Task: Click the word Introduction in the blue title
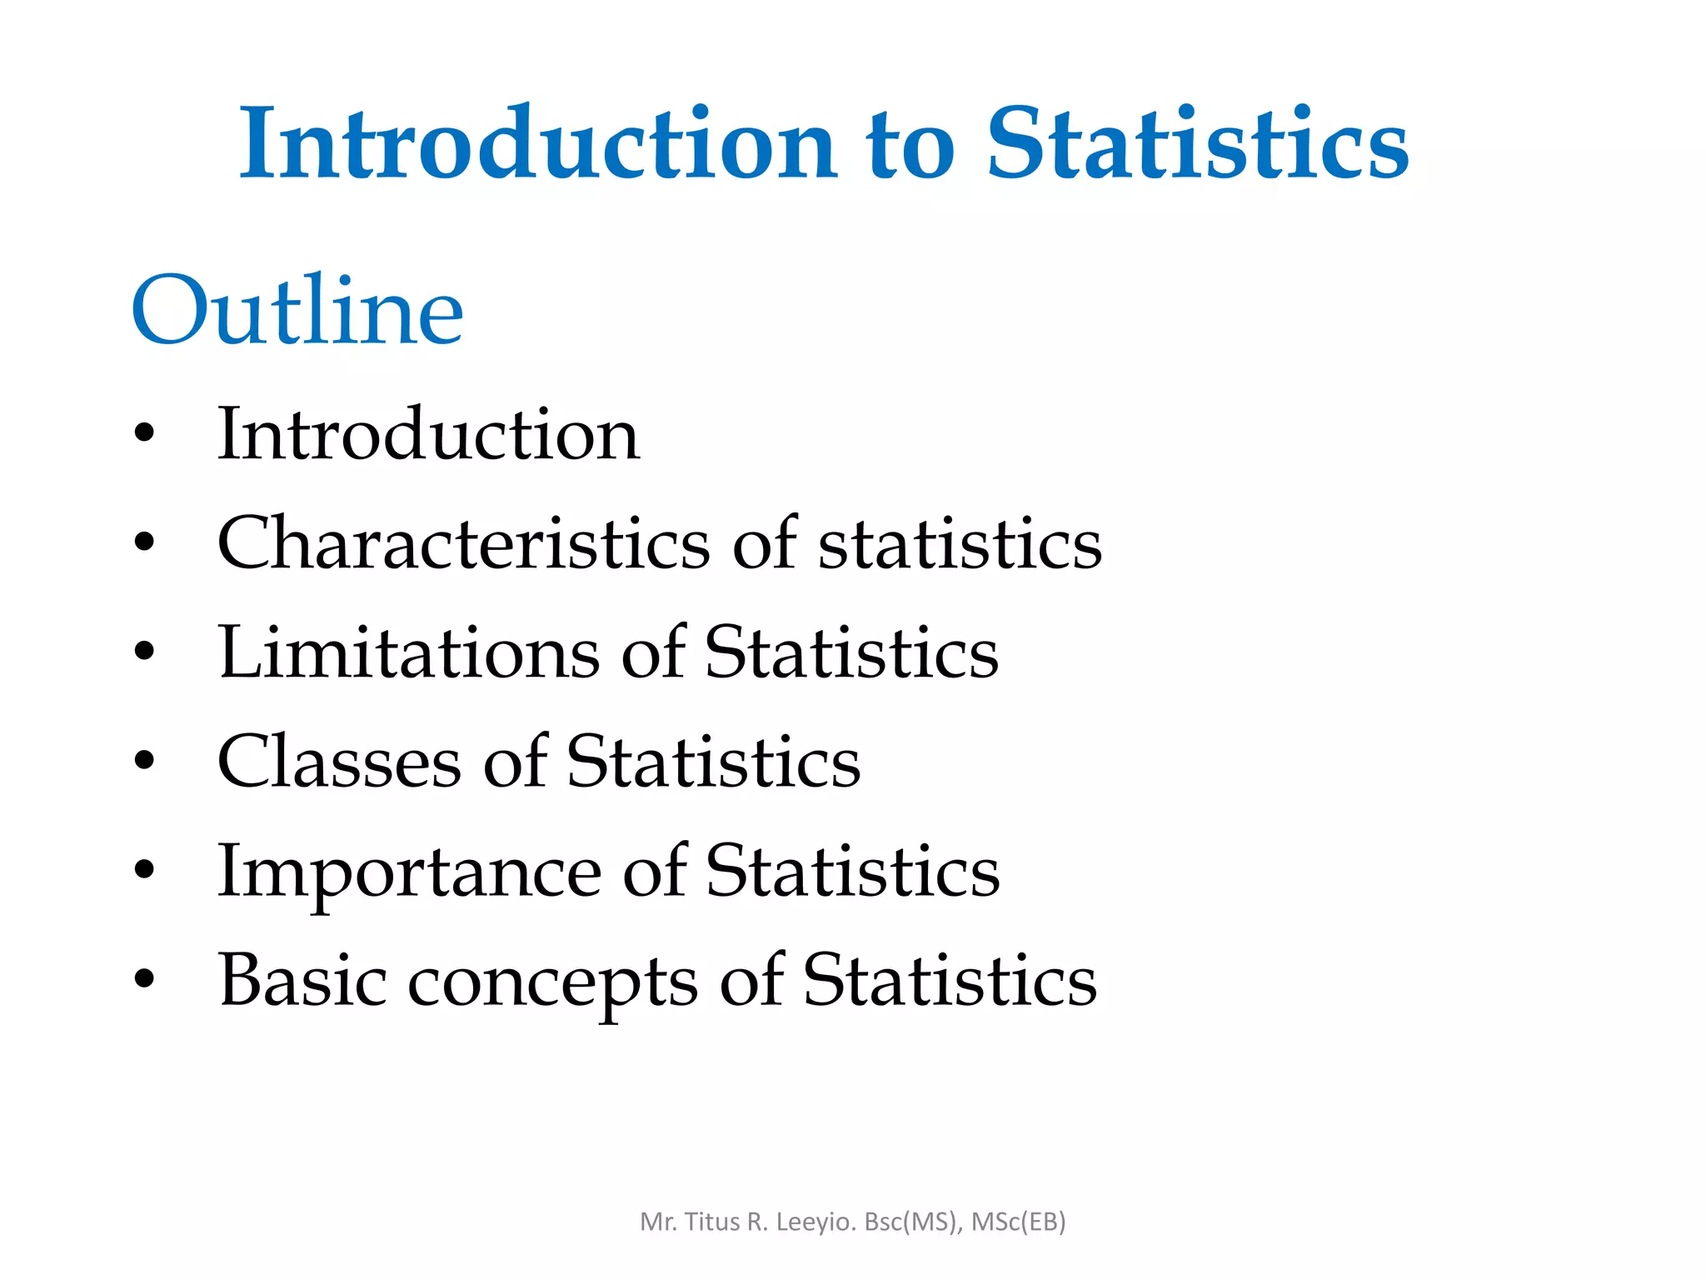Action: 537,143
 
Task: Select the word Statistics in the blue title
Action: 1197,143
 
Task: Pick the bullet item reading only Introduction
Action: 428,434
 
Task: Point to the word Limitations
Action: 408,652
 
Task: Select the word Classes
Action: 339,762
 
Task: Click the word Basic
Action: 302,980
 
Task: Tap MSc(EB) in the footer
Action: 1019,1222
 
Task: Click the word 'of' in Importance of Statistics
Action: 655,871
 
